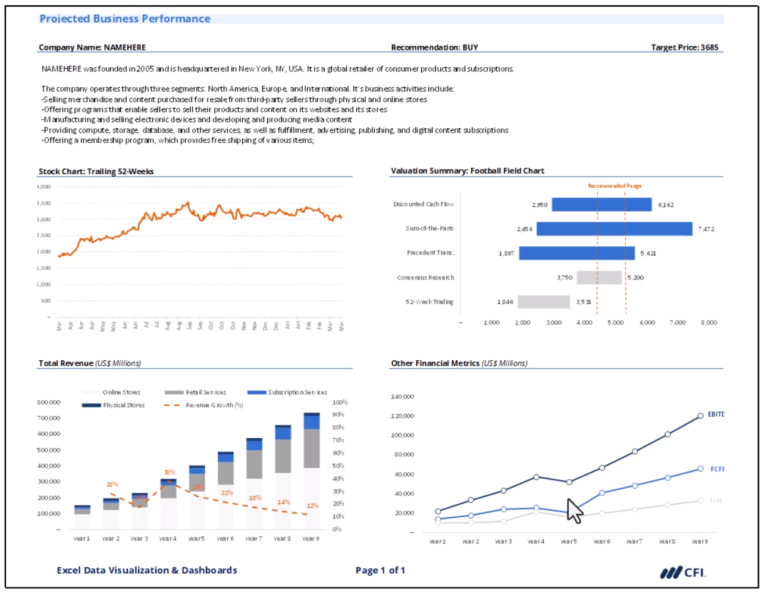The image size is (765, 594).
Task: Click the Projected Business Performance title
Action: (125, 19)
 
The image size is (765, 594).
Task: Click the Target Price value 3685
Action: (709, 48)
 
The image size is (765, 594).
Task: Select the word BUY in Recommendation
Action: (470, 48)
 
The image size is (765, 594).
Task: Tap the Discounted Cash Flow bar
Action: (601, 205)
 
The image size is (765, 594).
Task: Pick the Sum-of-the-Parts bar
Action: (614, 229)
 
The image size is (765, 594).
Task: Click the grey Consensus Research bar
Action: (599, 278)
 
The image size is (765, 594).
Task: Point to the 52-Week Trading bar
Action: (543, 302)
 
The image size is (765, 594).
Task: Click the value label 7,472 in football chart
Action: (706, 230)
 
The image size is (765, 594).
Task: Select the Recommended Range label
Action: (614, 186)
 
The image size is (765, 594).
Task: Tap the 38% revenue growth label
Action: (170, 473)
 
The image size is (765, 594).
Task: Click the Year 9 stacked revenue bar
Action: (311, 470)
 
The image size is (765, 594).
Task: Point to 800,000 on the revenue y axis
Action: (48, 403)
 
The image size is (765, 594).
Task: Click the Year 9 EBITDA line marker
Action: (700, 416)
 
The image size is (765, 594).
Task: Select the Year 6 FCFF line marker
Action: (602, 493)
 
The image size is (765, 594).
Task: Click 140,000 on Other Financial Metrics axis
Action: (402, 397)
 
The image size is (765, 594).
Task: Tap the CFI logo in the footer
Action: (683, 573)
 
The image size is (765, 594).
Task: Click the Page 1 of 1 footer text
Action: (380, 571)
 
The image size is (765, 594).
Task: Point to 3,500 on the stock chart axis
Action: (43, 203)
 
